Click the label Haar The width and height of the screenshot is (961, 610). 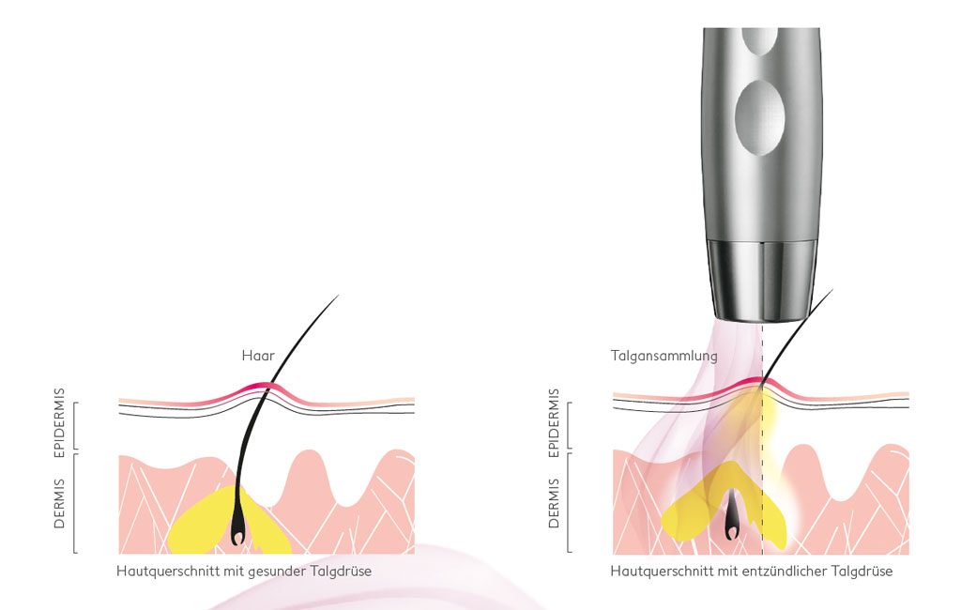coord(258,356)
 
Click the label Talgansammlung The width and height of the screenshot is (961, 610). coord(664,356)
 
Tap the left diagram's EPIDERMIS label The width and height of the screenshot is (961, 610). coord(59,422)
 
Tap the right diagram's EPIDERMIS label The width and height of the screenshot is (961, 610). coord(554,422)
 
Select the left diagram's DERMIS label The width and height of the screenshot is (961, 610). coord(59,503)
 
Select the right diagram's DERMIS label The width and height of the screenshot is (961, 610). coord(554,503)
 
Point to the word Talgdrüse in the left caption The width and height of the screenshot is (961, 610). coord(341,572)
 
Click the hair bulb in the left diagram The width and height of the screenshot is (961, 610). coord(237,532)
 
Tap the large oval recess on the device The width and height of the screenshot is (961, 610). coord(759,115)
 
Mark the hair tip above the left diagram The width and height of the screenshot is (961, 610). coord(338,297)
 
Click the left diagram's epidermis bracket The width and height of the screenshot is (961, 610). coord(75,425)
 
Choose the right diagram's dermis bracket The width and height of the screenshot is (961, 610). coord(569,503)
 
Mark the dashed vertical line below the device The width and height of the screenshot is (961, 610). coord(762,438)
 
